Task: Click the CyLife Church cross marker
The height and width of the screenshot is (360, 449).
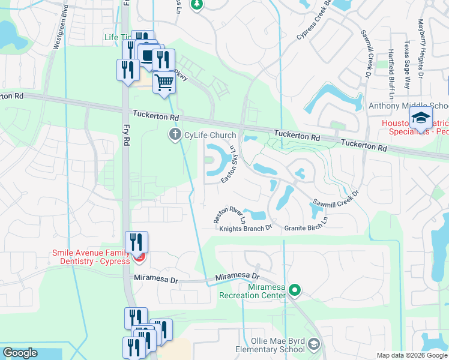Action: [175, 134]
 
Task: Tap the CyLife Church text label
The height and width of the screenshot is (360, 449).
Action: [209, 135]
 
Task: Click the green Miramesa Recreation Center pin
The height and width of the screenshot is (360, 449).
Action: [294, 290]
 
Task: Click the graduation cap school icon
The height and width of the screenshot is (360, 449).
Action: [422, 119]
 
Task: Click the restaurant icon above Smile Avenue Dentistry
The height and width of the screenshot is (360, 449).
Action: [137, 242]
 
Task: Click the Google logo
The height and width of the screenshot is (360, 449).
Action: [20, 353]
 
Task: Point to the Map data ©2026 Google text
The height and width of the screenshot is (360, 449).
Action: [412, 355]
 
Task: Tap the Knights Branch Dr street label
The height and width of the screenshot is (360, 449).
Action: [246, 228]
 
